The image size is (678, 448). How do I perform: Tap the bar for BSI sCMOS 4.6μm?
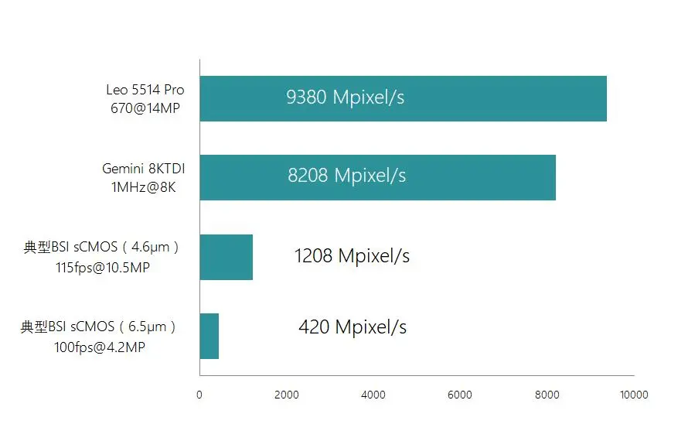pos(226,257)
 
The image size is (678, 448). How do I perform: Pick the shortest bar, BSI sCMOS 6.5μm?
pos(209,336)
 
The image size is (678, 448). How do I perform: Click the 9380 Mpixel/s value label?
pos(345,97)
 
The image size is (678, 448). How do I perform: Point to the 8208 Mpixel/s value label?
pos(346,176)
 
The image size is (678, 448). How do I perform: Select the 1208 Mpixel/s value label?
pos(352,255)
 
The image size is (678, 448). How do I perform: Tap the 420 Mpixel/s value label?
pos(353,327)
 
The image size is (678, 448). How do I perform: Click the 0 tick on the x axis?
pos(199,395)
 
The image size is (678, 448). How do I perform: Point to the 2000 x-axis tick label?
pos(286,395)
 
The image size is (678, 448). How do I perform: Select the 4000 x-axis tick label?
pos(373,395)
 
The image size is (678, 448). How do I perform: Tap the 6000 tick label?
pos(460,395)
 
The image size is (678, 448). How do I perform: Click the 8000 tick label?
pos(547,395)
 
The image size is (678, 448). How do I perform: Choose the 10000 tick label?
pos(634,395)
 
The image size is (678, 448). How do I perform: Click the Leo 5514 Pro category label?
pos(145,90)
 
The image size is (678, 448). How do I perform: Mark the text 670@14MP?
pos(145,108)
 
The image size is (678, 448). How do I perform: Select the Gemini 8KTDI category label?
pos(144,168)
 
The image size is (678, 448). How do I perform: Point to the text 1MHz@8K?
pos(145,186)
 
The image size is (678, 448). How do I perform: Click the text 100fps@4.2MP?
pos(100,347)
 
